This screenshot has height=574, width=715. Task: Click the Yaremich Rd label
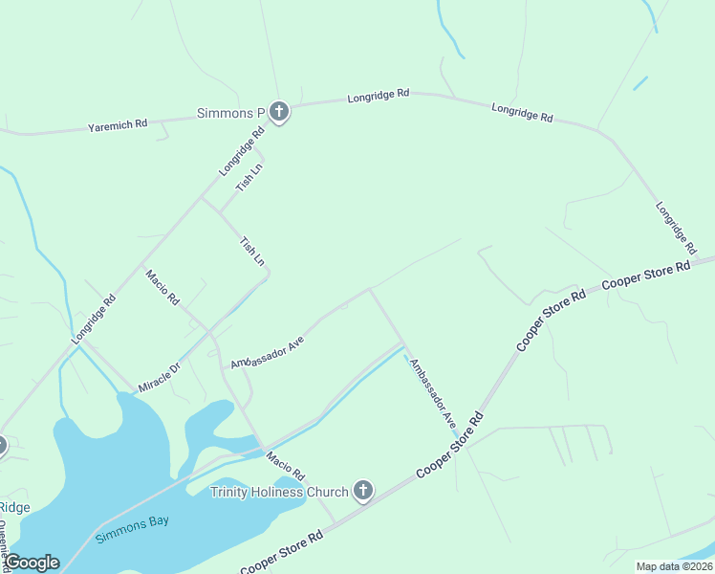(118, 124)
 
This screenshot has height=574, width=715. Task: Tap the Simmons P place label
(229, 113)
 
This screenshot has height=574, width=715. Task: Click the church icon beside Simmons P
(279, 113)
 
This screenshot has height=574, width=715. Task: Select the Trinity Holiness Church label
(279, 492)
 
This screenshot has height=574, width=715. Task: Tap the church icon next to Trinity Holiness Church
(362, 492)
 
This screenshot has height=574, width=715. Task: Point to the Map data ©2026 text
(673, 566)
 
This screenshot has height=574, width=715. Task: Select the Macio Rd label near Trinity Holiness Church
(285, 466)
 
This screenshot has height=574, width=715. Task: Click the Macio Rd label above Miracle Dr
(162, 287)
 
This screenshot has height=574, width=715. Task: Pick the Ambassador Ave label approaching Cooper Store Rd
(433, 392)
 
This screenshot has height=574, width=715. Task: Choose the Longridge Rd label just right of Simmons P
(379, 96)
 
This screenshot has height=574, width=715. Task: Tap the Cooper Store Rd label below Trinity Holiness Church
(282, 554)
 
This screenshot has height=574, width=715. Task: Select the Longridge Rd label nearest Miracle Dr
(94, 319)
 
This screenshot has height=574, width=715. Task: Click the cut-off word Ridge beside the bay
(15, 507)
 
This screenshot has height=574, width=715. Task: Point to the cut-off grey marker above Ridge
(2, 445)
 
